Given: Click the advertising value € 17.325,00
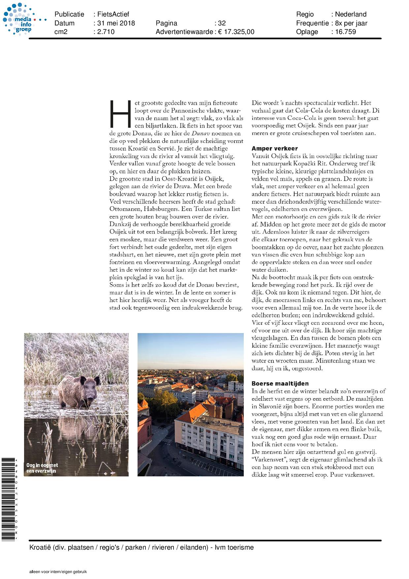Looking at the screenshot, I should click(236, 32).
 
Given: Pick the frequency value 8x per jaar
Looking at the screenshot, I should click(351, 23).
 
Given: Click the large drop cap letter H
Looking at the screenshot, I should click(120, 114).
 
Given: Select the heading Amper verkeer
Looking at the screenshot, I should click(274, 149).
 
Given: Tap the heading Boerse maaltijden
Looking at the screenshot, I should click(280, 384).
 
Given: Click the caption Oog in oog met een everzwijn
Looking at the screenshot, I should click(42, 468).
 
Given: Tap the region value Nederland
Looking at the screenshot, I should click(351, 15).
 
